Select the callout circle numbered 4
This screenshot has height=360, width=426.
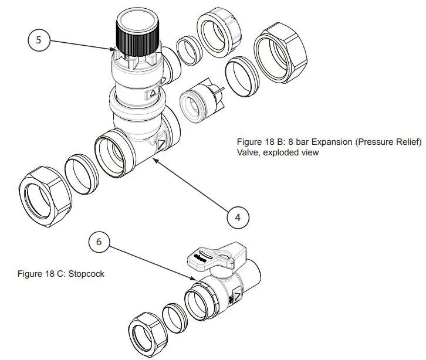[237, 217]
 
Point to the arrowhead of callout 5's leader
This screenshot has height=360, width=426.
[115, 50]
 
